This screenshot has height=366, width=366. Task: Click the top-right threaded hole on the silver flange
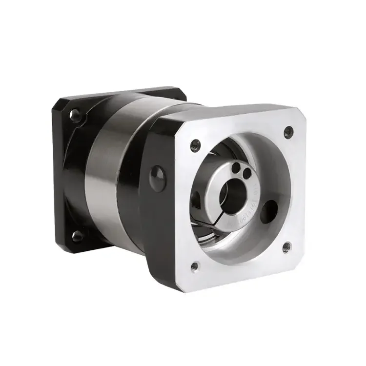click(288, 130)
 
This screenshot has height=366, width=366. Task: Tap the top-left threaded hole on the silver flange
click(195, 144)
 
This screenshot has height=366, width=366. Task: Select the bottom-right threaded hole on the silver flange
click(287, 246)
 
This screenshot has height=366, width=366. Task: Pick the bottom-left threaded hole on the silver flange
click(194, 266)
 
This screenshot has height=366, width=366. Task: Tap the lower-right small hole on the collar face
click(247, 172)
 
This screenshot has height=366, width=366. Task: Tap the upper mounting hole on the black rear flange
click(75, 115)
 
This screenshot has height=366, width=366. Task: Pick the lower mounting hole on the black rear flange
click(78, 237)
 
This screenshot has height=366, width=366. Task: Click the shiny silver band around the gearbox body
click(105, 171)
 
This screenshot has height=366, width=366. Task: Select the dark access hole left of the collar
click(196, 200)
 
